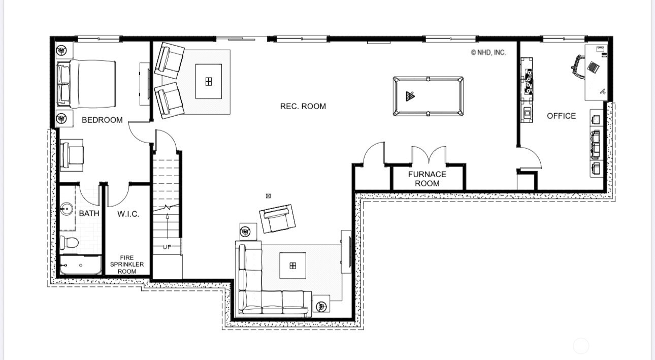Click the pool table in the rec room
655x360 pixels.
[x=428, y=96]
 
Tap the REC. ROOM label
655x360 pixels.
[x=303, y=106]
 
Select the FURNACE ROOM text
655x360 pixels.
[x=427, y=179]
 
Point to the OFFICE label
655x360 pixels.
[x=561, y=116]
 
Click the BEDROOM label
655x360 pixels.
[x=102, y=120]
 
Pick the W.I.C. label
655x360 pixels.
[x=128, y=214]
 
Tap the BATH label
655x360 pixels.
[x=89, y=213]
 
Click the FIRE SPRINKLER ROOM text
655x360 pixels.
[x=127, y=265]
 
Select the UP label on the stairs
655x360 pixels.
[x=167, y=247]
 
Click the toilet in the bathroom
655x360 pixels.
[x=69, y=242]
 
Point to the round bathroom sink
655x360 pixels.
[x=67, y=209]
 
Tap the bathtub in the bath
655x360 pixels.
[x=80, y=265]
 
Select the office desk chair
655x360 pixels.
[x=578, y=67]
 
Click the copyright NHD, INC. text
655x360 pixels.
[x=488, y=52]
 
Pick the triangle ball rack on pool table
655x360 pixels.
[x=410, y=96]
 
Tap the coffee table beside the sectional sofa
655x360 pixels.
[x=292, y=266]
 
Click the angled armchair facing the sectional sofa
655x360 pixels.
[x=277, y=219]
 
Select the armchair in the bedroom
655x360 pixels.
[x=72, y=155]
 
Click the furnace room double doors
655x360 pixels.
[x=429, y=155]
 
